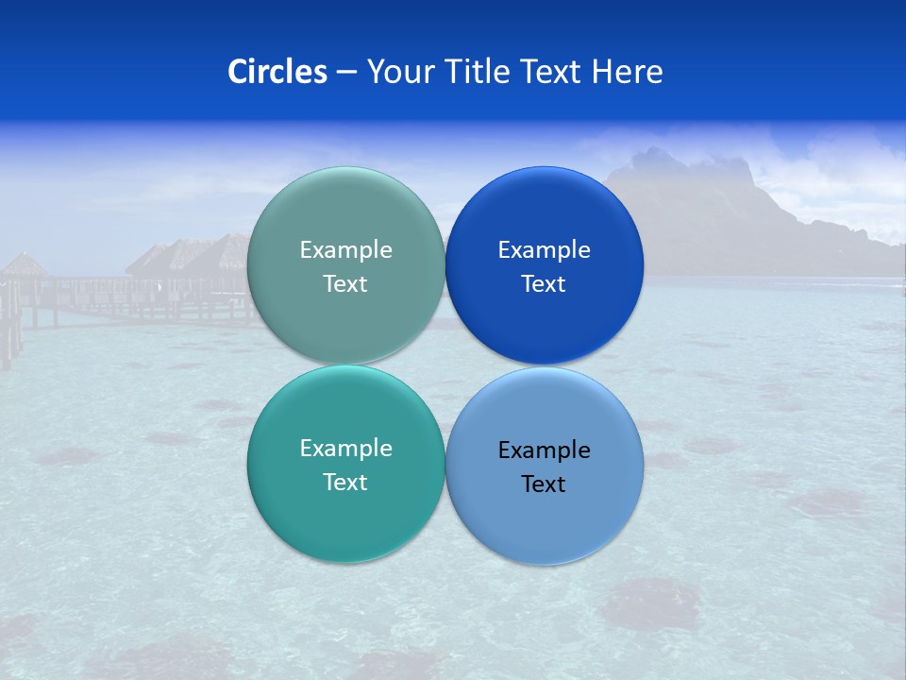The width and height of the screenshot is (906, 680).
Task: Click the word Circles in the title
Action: pos(277,72)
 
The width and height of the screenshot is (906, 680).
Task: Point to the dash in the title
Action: pos(346,73)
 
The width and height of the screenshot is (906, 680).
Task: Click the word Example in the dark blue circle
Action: pos(545,250)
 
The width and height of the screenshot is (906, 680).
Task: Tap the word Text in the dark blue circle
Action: pos(545,284)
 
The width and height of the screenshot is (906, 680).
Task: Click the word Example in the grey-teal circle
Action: pos(345,250)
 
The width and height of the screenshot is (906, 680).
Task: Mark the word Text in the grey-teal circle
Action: pos(345,284)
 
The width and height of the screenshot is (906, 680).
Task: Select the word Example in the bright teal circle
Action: pos(345,449)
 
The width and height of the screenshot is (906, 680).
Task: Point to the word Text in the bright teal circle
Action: pos(345,483)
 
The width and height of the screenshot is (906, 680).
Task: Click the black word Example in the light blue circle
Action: pos(545,450)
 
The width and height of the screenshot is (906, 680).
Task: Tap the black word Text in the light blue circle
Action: pos(545,484)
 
